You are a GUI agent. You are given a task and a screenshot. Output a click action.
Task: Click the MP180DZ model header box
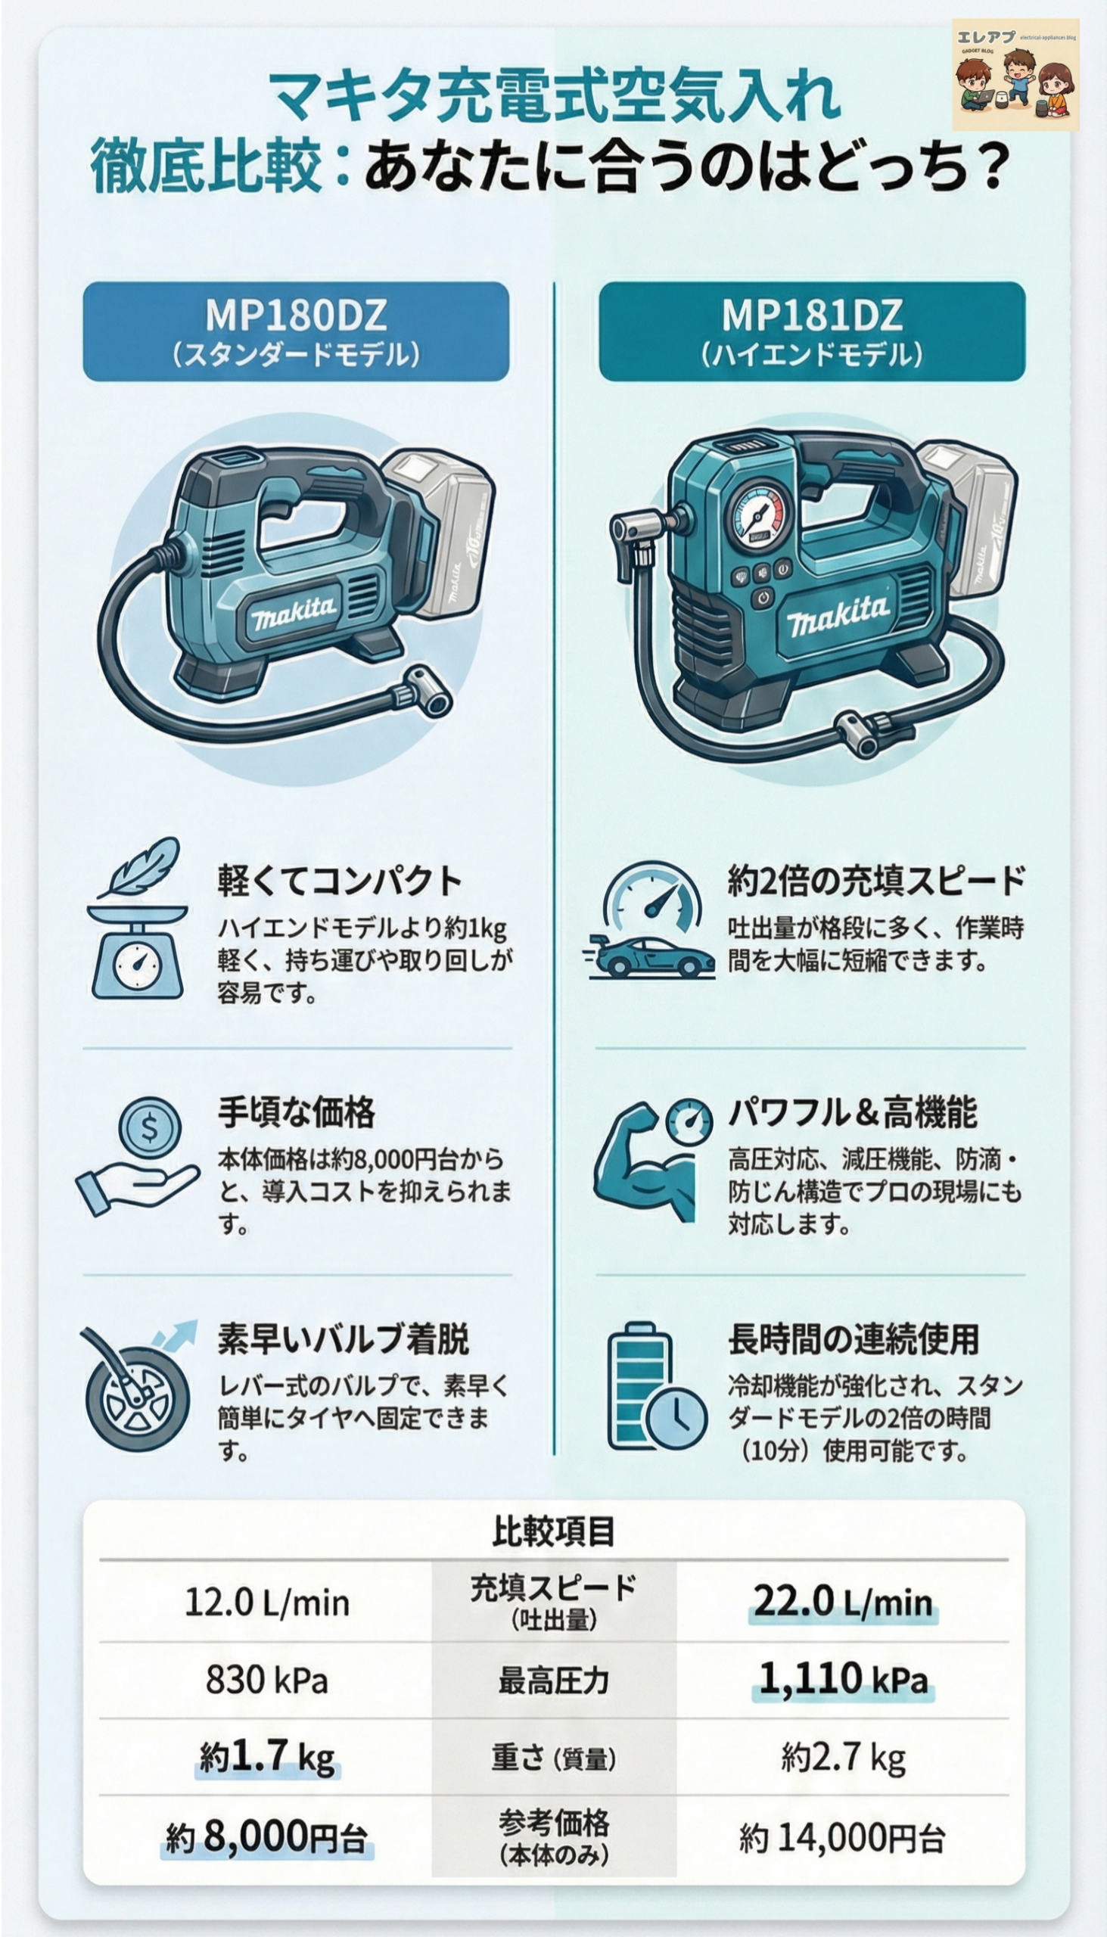click(x=296, y=331)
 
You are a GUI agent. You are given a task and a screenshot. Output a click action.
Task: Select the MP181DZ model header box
click(x=812, y=331)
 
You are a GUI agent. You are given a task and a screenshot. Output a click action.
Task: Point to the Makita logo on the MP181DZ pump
click(x=836, y=614)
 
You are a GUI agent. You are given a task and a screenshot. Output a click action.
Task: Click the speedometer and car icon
click(x=650, y=922)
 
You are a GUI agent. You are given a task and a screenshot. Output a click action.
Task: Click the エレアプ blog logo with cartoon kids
click(x=1015, y=74)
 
